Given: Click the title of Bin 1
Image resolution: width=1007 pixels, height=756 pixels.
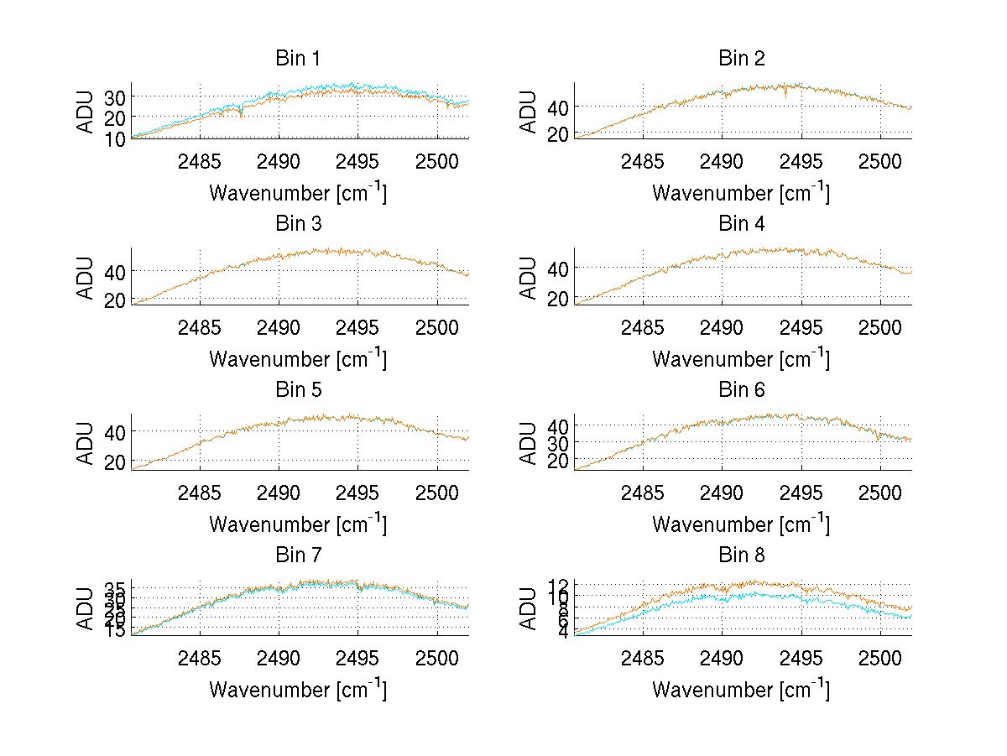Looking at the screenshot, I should pyautogui.click(x=298, y=59).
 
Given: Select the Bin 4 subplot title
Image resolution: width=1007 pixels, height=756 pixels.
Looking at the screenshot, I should pyautogui.click(x=742, y=224).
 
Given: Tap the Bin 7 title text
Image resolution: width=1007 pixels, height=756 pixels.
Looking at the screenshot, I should pyautogui.click(x=298, y=555).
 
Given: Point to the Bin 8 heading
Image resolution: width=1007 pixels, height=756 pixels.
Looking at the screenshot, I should pyautogui.click(x=742, y=555).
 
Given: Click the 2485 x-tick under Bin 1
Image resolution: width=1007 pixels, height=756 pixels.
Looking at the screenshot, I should pyautogui.click(x=200, y=161).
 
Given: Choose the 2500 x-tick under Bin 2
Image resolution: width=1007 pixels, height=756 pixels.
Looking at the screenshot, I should pyautogui.click(x=880, y=161).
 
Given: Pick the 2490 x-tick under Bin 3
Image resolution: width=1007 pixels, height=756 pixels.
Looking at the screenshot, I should pyautogui.click(x=279, y=326).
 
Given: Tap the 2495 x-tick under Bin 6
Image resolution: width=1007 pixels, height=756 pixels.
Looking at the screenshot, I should pyautogui.click(x=801, y=493).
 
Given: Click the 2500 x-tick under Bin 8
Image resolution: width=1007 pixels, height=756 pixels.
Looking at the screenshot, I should pyautogui.click(x=880, y=658).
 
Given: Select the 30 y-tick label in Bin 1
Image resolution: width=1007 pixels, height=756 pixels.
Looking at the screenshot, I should pyautogui.click(x=115, y=96).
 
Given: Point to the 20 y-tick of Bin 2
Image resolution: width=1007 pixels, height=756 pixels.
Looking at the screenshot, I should pyautogui.click(x=558, y=133).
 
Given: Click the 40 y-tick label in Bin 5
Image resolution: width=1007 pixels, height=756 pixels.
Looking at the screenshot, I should pyautogui.click(x=115, y=431).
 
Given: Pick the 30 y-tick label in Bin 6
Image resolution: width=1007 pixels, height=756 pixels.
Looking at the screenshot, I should pyautogui.click(x=558, y=442).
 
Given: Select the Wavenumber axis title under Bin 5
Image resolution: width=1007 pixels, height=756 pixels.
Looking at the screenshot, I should pyautogui.click(x=298, y=524).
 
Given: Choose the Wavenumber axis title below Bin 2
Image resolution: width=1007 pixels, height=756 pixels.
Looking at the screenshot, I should pyautogui.click(x=742, y=192).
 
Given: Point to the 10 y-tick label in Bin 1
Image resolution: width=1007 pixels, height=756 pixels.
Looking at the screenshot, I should pyautogui.click(x=115, y=137).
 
